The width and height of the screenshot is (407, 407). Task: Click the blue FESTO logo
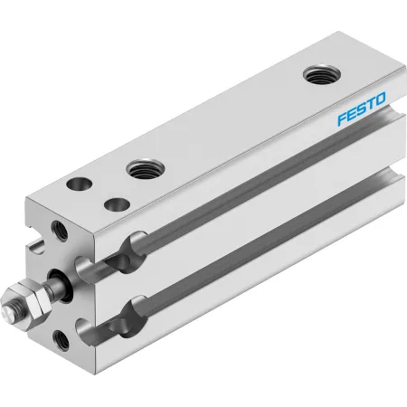pyautogui.click(x=362, y=109)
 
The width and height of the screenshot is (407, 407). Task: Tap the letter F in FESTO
pyautogui.click(x=342, y=118)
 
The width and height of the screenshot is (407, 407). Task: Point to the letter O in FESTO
pyautogui.click(x=381, y=99)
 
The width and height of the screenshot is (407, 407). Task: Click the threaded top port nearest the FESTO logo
pyautogui.click(x=322, y=74)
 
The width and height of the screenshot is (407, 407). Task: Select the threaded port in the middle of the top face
pyautogui.click(x=146, y=169)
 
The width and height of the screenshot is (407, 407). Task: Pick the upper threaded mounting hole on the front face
pyautogui.click(x=60, y=231)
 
